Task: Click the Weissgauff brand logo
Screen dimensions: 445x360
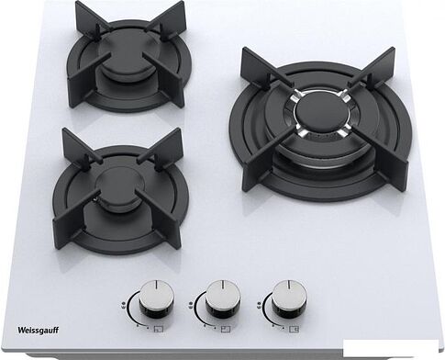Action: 38,331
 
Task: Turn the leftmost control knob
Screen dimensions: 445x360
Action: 156,298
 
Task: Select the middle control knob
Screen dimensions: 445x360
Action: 223,298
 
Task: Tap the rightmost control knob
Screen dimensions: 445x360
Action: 289,298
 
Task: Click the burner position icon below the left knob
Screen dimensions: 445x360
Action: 159,329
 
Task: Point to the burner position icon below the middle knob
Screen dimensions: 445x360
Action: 226,329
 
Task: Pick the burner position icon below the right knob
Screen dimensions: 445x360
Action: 295,329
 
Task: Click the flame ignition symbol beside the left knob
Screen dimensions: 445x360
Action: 122,305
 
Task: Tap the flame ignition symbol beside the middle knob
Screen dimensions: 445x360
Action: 190,305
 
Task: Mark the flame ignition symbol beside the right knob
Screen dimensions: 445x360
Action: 259,305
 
